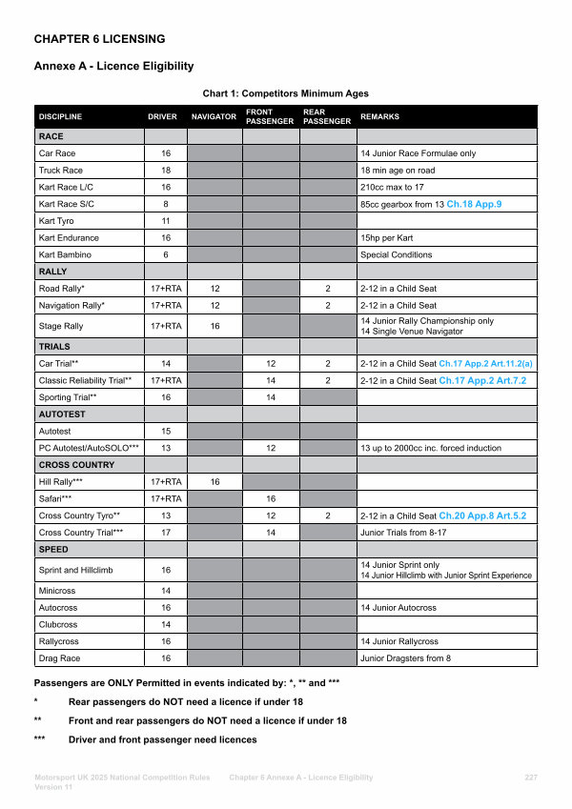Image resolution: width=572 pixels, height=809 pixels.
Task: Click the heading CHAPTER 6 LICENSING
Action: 99,39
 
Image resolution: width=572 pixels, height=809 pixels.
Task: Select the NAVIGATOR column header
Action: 214,117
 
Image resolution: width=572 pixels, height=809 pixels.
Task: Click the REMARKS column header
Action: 379,117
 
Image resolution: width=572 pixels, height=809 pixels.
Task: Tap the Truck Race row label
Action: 61,170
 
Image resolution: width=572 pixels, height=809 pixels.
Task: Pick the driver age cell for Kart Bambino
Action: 166,254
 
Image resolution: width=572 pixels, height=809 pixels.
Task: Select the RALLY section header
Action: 52,272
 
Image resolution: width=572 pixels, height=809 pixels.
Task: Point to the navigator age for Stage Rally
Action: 214,326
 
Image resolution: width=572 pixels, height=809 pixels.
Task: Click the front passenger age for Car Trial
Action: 271,364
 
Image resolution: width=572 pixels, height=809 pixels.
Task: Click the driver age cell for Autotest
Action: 166,432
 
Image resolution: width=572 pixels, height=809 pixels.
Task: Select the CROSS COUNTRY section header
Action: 76,465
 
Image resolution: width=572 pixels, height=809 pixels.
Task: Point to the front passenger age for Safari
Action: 271,498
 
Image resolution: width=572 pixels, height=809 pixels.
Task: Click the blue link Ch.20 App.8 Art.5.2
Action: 482,516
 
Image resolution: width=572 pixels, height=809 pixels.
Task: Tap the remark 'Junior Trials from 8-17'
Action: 404,533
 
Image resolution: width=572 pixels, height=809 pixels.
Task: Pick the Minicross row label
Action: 57,591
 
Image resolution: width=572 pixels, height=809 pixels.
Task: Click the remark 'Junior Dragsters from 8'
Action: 406,658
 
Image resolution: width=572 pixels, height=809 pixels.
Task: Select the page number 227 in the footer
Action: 531,778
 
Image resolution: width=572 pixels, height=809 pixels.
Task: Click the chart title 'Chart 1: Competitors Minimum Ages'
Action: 285,93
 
